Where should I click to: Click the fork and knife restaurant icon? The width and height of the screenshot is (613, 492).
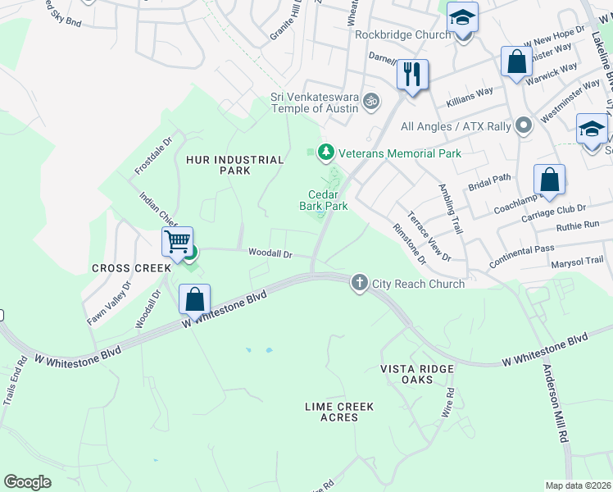[x=412, y=75]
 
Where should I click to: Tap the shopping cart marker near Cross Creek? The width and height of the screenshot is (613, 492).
[x=177, y=241]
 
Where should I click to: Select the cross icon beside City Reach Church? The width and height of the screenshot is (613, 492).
[x=359, y=284]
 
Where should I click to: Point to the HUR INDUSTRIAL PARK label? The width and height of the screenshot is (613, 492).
[x=223, y=165]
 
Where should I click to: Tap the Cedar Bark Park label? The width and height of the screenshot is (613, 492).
[x=324, y=201]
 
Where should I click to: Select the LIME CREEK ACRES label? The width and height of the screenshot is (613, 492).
[x=339, y=412]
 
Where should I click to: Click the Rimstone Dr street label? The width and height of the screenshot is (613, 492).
[x=411, y=244]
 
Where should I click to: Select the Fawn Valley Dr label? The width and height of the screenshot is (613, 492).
[x=108, y=303]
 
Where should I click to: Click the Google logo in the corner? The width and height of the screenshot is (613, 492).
[x=27, y=482]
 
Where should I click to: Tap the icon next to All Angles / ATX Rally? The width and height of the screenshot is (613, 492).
[x=524, y=126]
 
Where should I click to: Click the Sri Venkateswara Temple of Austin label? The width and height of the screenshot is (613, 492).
[x=315, y=102]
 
